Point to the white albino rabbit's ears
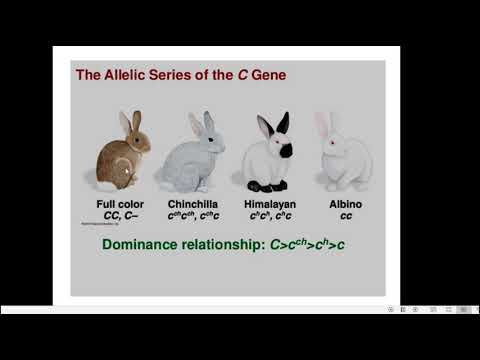pyautogui.click(x=322, y=125)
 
